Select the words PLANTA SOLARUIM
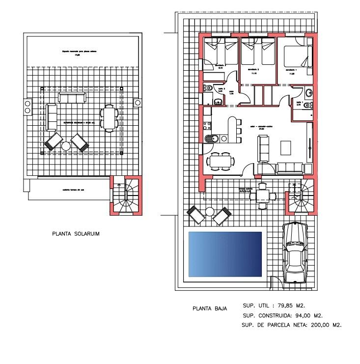coord(76,234)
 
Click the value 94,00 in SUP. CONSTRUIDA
coord(298,315)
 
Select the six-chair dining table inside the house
coord(221,161)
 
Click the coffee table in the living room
coord(285,147)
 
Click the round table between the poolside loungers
coord(210,212)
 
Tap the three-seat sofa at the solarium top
coord(72,97)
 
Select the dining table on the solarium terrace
coord(109,118)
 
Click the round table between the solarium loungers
coord(66,146)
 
